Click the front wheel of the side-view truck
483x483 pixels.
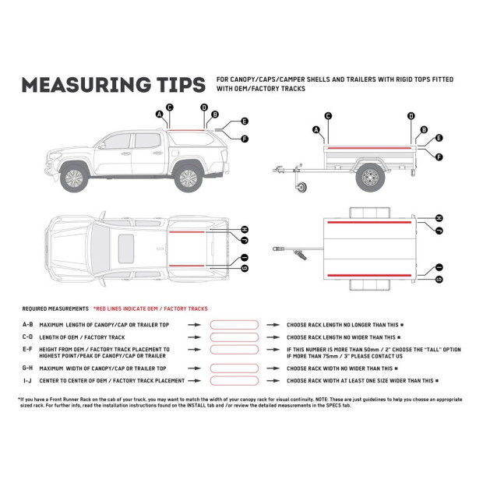[72, 178]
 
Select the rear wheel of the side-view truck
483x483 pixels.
[186, 178]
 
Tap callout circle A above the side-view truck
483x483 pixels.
[160, 114]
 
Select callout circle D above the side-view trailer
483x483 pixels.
[411, 116]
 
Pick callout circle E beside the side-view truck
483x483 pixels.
[244, 122]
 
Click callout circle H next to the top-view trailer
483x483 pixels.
[439, 219]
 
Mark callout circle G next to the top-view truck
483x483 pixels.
[244, 269]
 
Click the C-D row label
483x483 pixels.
[27, 337]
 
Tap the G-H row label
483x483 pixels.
[27, 367]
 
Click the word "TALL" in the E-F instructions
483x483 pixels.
[430, 350]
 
